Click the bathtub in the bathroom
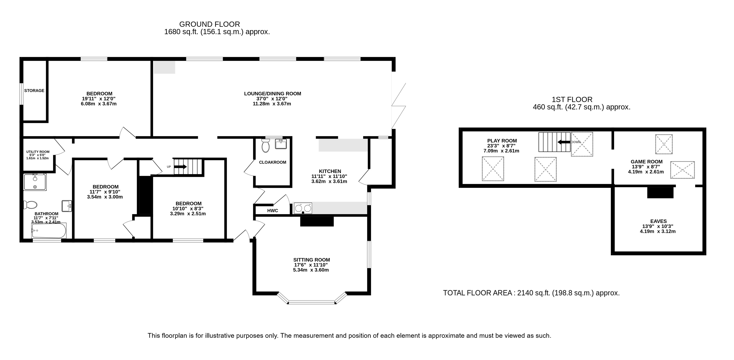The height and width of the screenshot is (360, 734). click(x=49, y=231)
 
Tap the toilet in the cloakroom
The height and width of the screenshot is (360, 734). click(x=266, y=145)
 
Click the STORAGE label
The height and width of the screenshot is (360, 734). click(x=34, y=91)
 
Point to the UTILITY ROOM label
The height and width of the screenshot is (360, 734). click(x=38, y=152)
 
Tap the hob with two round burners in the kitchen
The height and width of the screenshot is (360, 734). click(x=303, y=208)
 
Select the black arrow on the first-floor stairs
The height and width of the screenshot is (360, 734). click(x=564, y=142)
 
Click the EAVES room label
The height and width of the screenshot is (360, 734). click(x=659, y=221)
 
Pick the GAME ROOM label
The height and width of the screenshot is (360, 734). click(x=647, y=162)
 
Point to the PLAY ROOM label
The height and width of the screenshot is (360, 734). click(x=502, y=140)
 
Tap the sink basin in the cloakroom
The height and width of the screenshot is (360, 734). click(x=281, y=144)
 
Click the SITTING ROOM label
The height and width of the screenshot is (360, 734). click(x=311, y=260)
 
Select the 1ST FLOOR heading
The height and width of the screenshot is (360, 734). click(x=572, y=100)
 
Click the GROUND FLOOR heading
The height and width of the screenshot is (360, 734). click(x=209, y=24)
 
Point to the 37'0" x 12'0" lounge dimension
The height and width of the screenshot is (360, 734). click(x=272, y=99)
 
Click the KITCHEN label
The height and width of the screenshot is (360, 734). click(x=330, y=171)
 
